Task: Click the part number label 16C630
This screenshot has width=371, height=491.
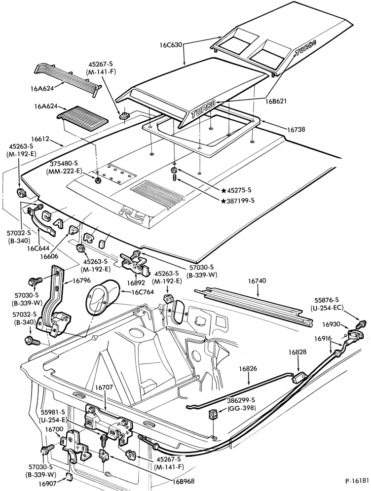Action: [170, 44]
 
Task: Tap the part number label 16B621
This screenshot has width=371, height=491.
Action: [276, 101]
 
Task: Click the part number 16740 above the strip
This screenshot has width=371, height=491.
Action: [257, 281]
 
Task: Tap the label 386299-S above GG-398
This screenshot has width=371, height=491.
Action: [241, 400]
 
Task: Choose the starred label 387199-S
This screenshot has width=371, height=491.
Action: [238, 201]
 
